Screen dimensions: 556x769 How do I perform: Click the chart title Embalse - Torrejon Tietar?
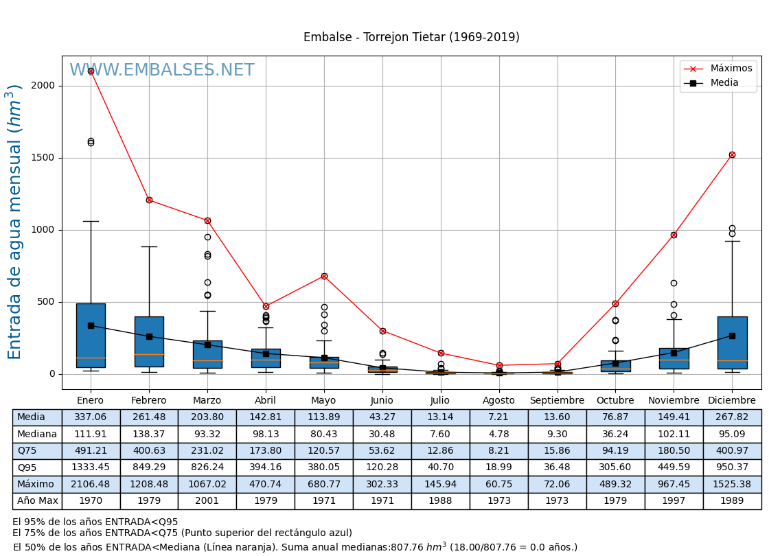coord(411,38)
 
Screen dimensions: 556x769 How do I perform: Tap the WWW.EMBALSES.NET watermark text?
coord(162,71)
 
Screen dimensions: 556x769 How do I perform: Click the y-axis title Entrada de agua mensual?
coord(15,222)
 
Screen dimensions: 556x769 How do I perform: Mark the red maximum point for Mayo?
coord(324,276)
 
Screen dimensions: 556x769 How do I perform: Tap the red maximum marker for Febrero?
coord(149,200)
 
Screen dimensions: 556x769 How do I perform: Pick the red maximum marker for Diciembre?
coord(732,154)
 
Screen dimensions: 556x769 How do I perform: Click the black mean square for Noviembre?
coord(674,353)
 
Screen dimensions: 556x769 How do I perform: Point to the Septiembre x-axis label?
coord(557,401)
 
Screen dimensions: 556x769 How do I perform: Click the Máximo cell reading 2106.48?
coord(91,484)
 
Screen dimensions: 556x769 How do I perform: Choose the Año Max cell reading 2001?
coord(207,501)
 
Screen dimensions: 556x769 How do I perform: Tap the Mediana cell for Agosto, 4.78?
coord(498,434)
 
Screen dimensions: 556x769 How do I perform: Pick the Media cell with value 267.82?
coord(732,417)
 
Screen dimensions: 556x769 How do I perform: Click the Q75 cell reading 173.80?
coord(266,451)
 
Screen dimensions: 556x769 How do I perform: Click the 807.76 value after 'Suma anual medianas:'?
coord(407,548)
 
